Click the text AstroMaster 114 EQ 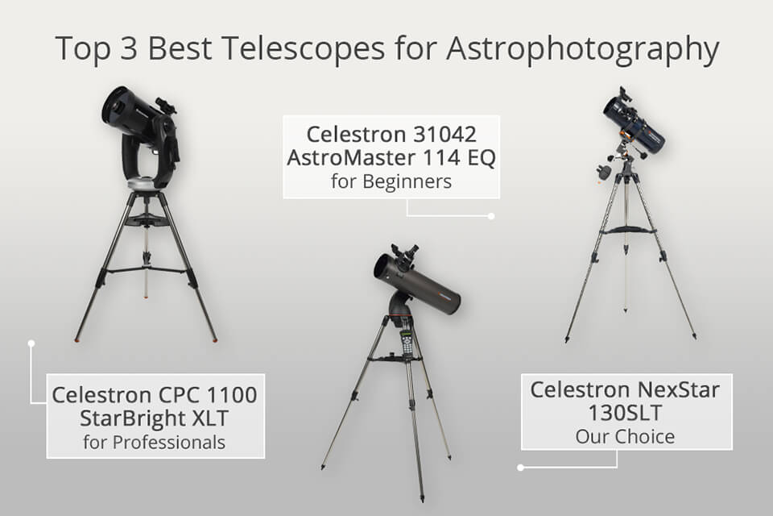click(x=391, y=157)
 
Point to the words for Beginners click(x=391, y=181)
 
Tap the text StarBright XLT click(x=155, y=418)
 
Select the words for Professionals click(x=155, y=442)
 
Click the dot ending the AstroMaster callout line click(x=492, y=216)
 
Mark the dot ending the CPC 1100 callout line click(x=31, y=343)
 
